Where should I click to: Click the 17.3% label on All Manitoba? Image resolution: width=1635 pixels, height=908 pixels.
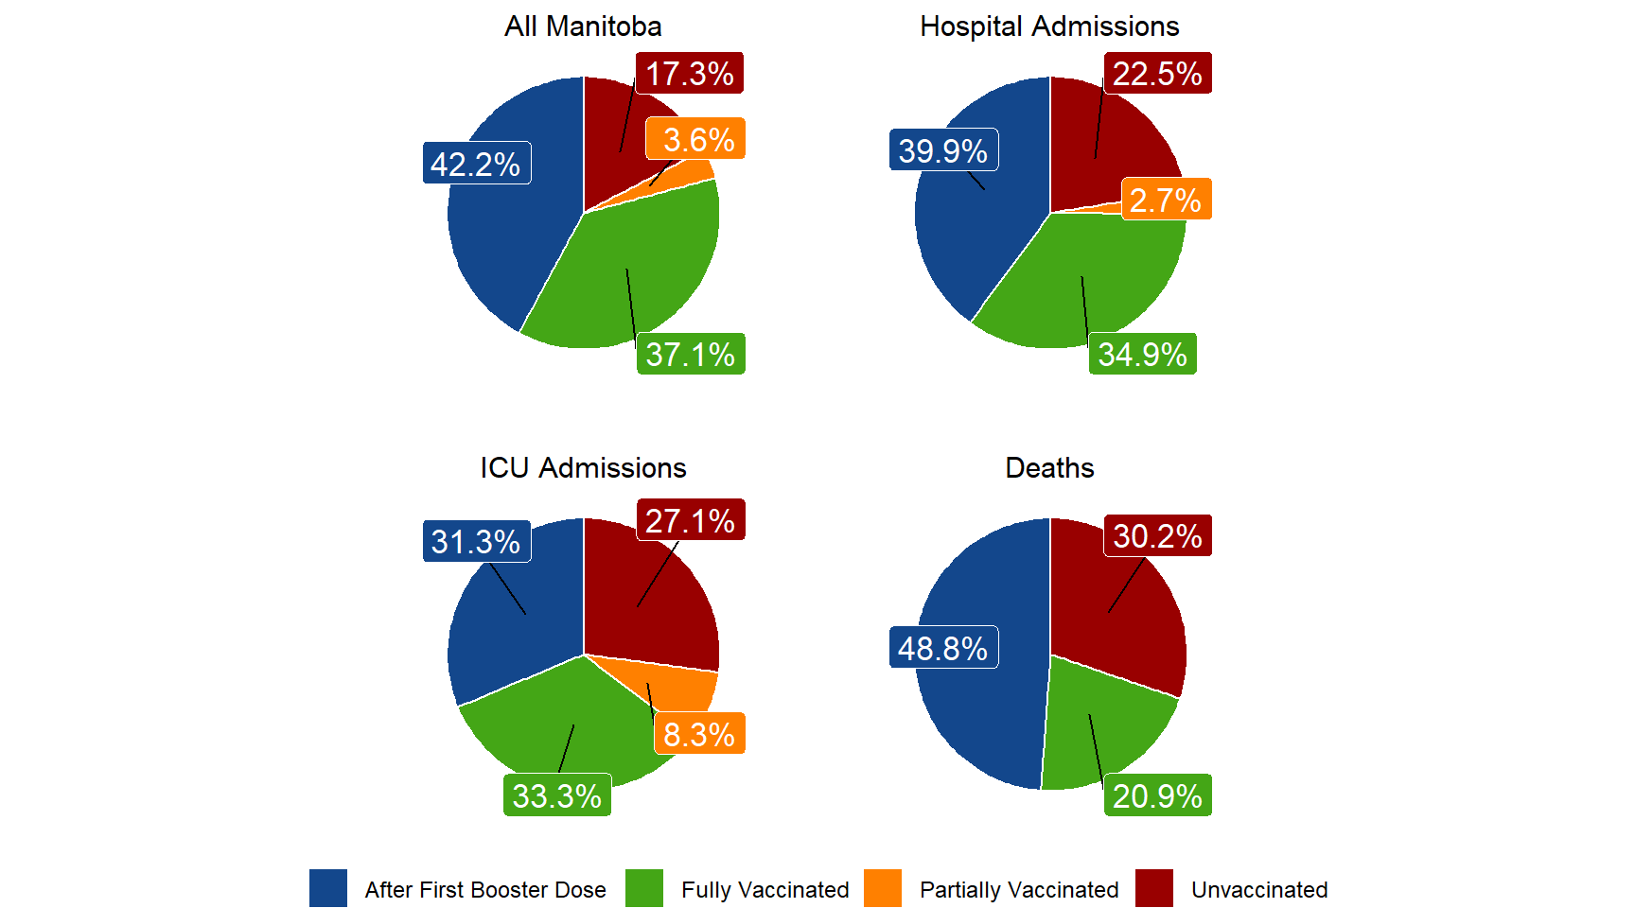[x=690, y=74]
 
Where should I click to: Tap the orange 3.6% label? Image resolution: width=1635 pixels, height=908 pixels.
[x=697, y=140]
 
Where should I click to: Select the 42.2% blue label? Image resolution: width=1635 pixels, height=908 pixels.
[x=476, y=164]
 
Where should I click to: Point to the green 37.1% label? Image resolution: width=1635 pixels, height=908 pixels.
[x=691, y=355]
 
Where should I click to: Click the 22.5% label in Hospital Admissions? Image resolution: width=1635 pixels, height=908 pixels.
[x=1157, y=74]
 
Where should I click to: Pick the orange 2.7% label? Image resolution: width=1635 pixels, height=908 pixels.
[x=1166, y=200]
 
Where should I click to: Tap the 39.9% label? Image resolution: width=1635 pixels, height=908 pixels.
[x=943, y=150]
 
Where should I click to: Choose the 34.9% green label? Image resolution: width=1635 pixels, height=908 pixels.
[x=1142, y=355]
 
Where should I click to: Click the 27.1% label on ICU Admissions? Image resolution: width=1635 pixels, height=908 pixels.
[x=691, y=520]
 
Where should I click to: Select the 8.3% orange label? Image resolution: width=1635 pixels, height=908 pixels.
[x=699, y=734]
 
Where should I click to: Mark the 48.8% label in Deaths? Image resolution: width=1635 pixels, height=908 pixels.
[x=943, y=648]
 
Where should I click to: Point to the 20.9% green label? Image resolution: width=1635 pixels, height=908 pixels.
[x=1157, y=796]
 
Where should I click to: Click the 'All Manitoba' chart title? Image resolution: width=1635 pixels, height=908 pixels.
[x=583, y=26]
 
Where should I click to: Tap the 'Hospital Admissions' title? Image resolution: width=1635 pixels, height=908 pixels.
[x=1049, y=26]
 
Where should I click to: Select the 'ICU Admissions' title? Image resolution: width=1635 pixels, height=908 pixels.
[x=583, y=468]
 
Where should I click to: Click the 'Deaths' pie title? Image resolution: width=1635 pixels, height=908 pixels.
[x=1049, y=468]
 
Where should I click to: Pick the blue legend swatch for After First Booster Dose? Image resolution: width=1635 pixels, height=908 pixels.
[x=327, y=889]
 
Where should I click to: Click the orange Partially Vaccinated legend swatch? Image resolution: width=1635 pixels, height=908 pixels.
[x=882, y=889]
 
